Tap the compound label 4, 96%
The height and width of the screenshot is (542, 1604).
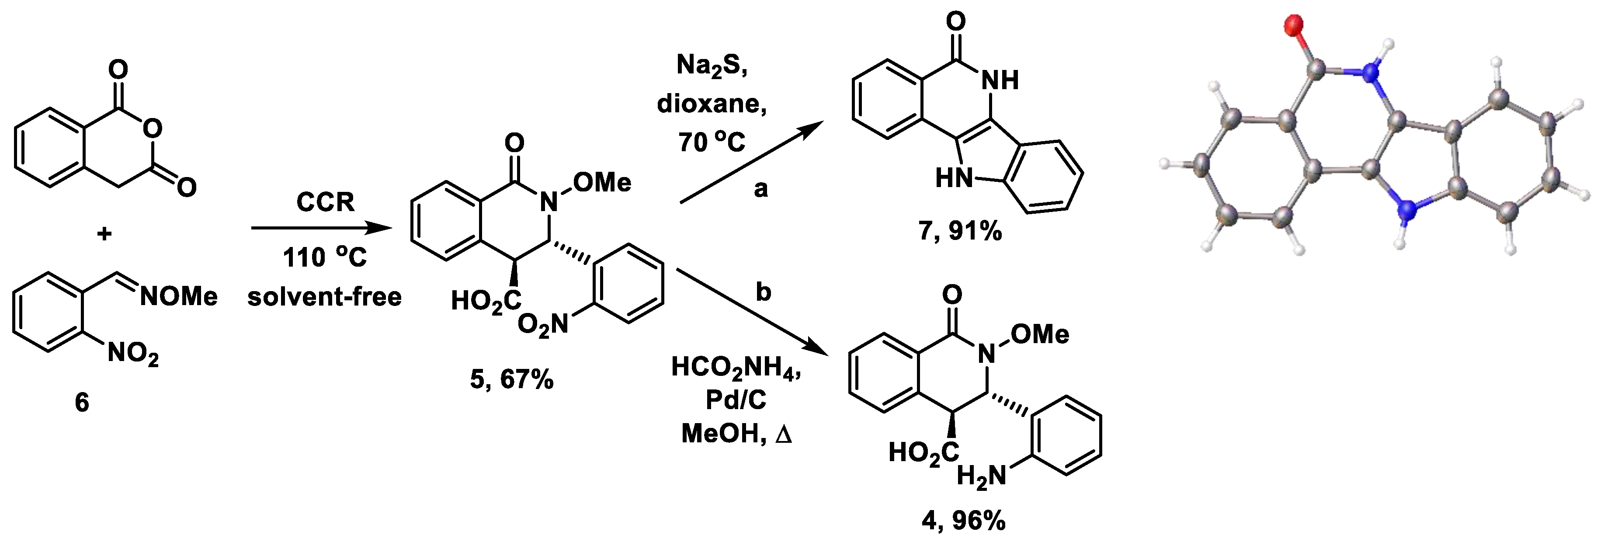[x=963, y=520]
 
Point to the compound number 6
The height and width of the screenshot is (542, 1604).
[x=82, y=403]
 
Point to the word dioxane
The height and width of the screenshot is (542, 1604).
[x=712, y=104]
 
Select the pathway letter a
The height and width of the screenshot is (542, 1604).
[x=761, y=188]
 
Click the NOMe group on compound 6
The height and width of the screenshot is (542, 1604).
[x=179, y=296]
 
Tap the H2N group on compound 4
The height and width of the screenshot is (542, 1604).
[x=981, y=476]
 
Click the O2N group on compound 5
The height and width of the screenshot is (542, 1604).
[x=543, y=325]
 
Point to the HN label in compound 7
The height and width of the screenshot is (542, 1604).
[x=954, y=179]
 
